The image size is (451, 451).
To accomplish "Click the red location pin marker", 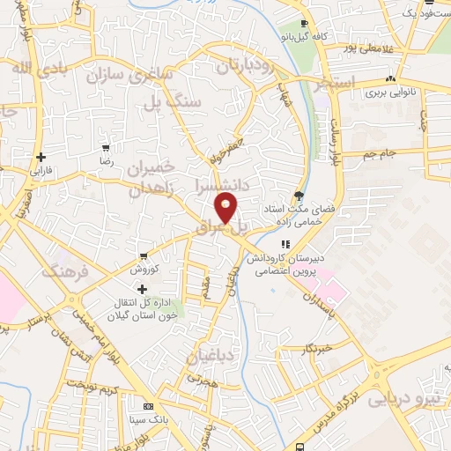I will pyautogui.click(x=226, y=209).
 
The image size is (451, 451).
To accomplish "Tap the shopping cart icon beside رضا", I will pyautogui.click(x=106, y=148).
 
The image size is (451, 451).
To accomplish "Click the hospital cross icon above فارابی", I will pyautogui.click(x=38, y=156).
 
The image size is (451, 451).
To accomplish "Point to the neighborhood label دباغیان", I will pyautogui.click(x=209, y=357).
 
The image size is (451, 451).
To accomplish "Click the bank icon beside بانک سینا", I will pyautogui.click(x=147, y=407).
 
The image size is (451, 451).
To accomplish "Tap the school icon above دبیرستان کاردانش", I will pyautogui.click(x=284, y=245).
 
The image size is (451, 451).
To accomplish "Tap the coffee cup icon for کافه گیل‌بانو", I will pyautogui.click(x=304, y=25).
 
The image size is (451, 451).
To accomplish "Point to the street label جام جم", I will pyautogui.click(x=382, y=154).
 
